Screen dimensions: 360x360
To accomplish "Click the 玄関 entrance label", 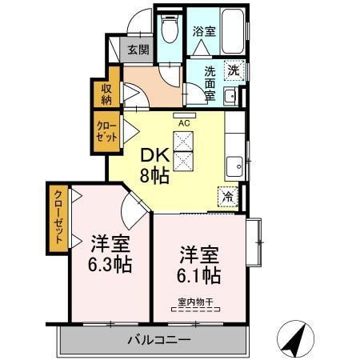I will click(138, 50).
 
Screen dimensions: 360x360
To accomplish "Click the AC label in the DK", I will click(183, 123).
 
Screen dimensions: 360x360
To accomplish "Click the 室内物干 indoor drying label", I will click(197, 302).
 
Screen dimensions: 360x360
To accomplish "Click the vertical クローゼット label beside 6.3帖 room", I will click(59, 219).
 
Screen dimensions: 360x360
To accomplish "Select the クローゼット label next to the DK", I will click(107, 132).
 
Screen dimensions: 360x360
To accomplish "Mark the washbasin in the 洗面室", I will click(230, 98).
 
